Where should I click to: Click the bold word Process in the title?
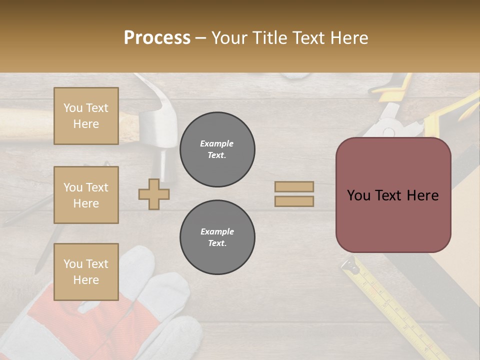[157, 38]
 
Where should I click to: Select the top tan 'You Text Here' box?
[86, 116]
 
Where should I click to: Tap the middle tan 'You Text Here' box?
[86, 195]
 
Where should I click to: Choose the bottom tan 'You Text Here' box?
[86, 272]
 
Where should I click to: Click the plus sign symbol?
[154, 194]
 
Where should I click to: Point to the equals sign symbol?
[294, 194]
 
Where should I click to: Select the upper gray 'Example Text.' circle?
[217, 149]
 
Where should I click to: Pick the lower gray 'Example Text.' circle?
[217, 237]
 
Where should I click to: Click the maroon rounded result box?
[393, 195]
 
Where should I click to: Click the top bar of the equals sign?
[294, 186]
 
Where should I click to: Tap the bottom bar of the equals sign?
[294, 201]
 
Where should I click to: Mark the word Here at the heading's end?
[349, 38]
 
